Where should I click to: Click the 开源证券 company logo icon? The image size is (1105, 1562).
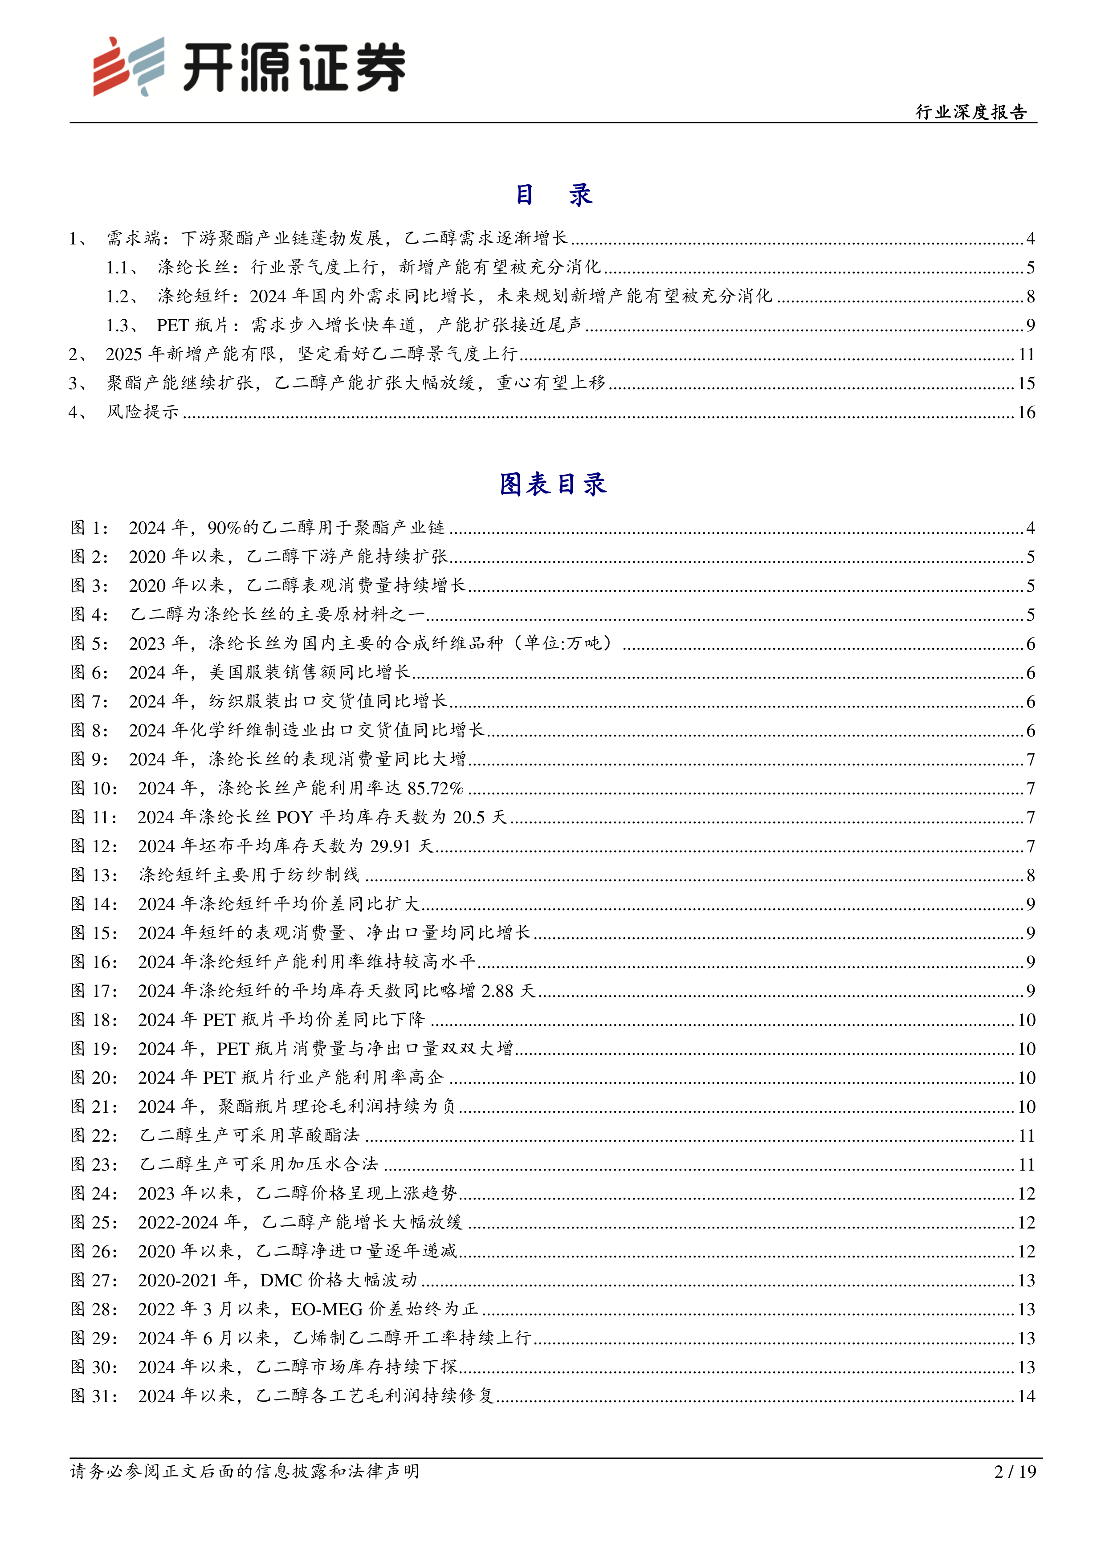(x=128, y=66)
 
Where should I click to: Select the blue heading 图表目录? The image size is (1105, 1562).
(x=552, y=484)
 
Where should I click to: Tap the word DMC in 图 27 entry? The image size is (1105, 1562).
(x=281, y=1280)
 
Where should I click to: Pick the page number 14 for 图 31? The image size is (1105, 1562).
(x=1026, y=1396)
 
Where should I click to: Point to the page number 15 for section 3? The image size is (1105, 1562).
(x=1026, y=383)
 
